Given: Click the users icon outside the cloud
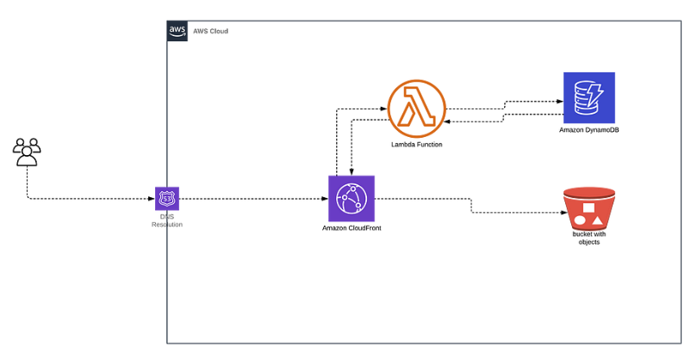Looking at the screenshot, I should pyautogui.click(x=27, y=151).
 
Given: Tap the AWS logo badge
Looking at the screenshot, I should pyautogui.click(x=177, y=30).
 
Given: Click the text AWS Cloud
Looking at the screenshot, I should pyautogui.click(x=210, y=31).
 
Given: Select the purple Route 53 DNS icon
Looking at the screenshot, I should pyautogui.click(x=166, y=199).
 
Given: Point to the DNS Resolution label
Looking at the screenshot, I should pyautogui.click(x=166, y=220).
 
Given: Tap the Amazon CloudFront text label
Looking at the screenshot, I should pyautogui.click(x=352, y=228).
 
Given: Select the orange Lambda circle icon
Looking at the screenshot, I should pyautogui.click(x=415, y=109).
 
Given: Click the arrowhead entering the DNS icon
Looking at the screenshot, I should pyautogui.click(x=152, y=199).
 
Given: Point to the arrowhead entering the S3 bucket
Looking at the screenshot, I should pyautogui.click(x=557, y=212).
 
